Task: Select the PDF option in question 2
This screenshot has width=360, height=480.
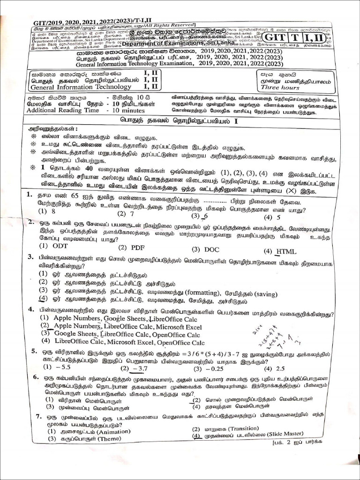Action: point(137,247)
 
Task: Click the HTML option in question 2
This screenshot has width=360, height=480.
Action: point(286,251)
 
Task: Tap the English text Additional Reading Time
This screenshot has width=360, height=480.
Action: point(63,110)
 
